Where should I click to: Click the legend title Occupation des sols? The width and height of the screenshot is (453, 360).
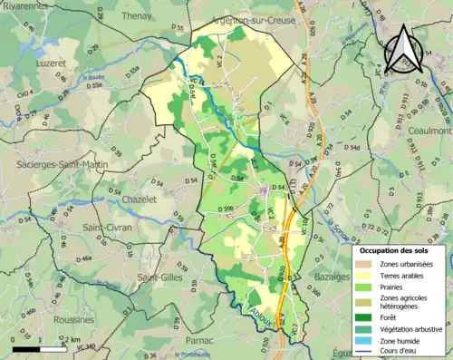coord(399,249)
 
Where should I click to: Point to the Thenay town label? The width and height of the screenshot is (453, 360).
coord(138,15)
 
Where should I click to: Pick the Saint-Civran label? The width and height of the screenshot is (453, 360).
coord(107,227)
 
